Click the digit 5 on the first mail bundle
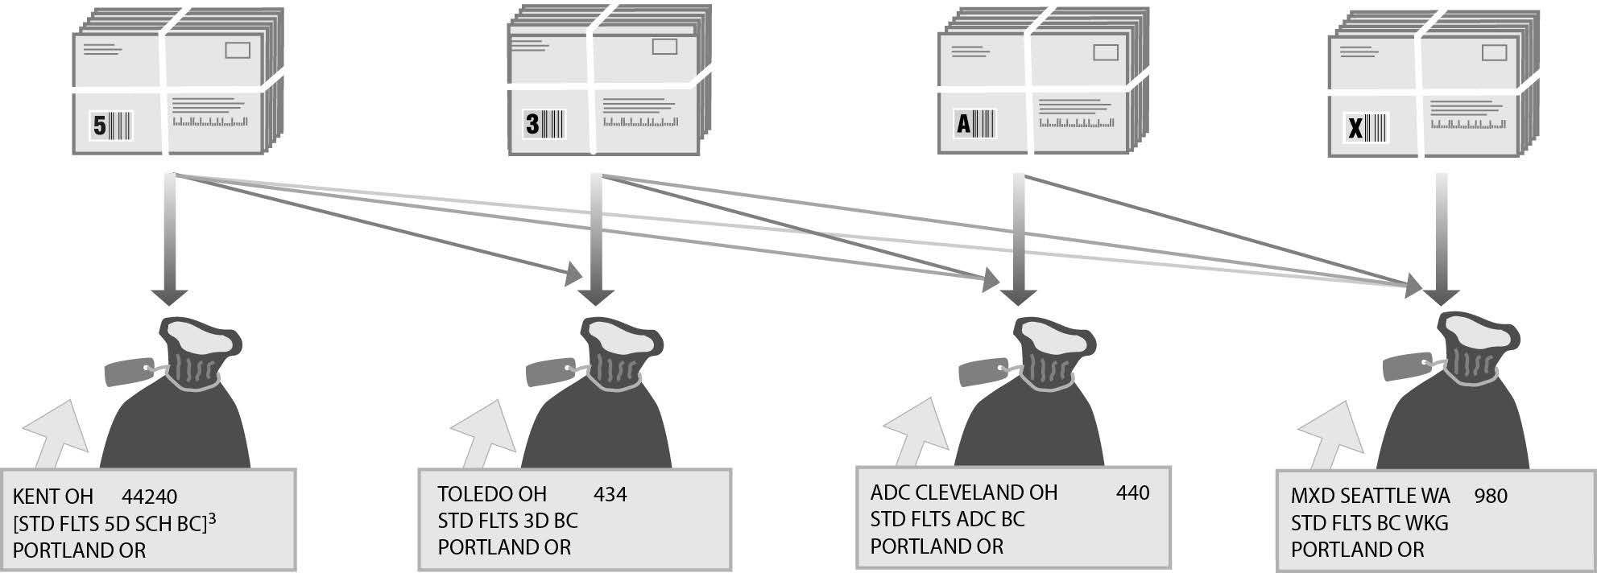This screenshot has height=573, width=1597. pyautogui.click(x=100, y=126)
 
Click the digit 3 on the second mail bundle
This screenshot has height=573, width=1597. pyautogui.click(x=532, y=124)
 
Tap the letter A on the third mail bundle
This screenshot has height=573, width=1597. pyautogui.click(x=963, y=125)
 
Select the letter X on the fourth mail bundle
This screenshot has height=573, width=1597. pyautogui.click(x=1355, y=127)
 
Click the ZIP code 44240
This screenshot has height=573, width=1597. pyautogui.click(x=150, y=497)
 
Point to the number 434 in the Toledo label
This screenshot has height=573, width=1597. pyautogui.click(x=610, y=493)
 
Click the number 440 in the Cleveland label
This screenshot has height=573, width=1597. pyautogui.click(x=1132, y=492)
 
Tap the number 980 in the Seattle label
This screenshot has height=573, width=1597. pyautogui.click(x=1491, y=496)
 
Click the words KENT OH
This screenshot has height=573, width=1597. pyautogui.click(x=53, y=497)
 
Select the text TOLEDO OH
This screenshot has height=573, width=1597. pyautogui.click(x=492, y=493)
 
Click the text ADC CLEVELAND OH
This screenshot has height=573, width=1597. pyautogui.click(x=963, y=492)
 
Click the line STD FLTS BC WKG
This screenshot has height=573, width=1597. pyautogui.click(x=1369, y=523)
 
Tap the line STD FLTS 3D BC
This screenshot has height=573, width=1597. pyautogui.click(x=507, y=520)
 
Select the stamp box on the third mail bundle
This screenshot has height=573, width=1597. pyautogui.click(x=1105, y=53)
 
